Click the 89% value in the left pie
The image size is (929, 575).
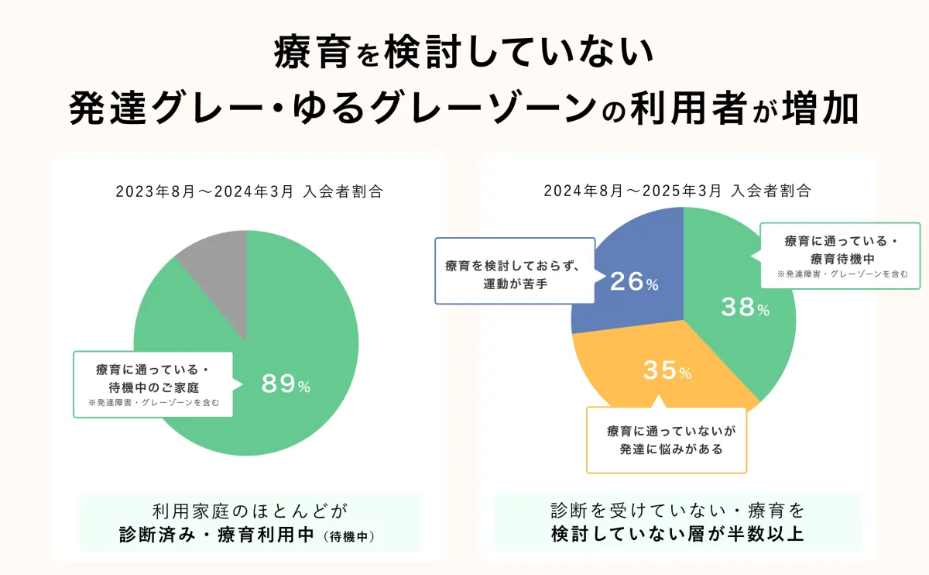[x=286, y=384]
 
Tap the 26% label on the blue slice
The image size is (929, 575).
[x=633, y=282]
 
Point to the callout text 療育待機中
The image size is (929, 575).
[x=842, y=260]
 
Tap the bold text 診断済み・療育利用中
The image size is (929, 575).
[x=214, y=534]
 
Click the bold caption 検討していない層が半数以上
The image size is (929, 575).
[x=677, y=534]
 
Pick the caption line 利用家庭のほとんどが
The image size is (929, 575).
[x=249, y=511]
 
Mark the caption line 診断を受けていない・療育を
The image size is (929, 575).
[x=677, y=511]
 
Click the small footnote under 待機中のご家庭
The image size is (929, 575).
[x=153, y=403]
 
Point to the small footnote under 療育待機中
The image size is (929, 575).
[x=842, y=274]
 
